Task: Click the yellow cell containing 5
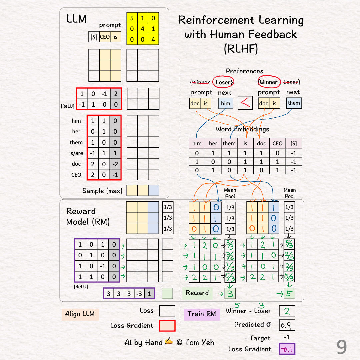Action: [x=132, y=18]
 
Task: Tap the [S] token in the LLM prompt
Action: [x=94, y=37]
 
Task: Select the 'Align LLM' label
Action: [x=80, y=314]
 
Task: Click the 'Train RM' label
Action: [x=202, y=314]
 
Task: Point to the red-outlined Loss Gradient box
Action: [x=167, y=325]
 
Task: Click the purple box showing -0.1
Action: [x=287, y=349]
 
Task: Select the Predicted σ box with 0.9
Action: [x=287, y=325]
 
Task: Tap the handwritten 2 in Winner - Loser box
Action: [x=287, y=311]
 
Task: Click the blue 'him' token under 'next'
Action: [x=226, y=103]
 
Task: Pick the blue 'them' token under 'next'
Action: [x=294, y=103]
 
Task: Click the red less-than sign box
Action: [x=245, y=103]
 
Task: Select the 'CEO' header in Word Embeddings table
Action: [x=277, y=143]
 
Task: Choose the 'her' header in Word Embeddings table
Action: [x=213, y=143]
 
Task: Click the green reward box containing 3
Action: [x=230, y=293]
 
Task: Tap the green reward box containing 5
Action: [x=289, y=293]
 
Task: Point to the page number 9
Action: [x=341, y=347]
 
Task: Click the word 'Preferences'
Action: [x=244, y=71]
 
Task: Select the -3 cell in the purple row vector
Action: [x=139, y=294]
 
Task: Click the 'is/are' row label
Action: [x=76, y=153]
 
